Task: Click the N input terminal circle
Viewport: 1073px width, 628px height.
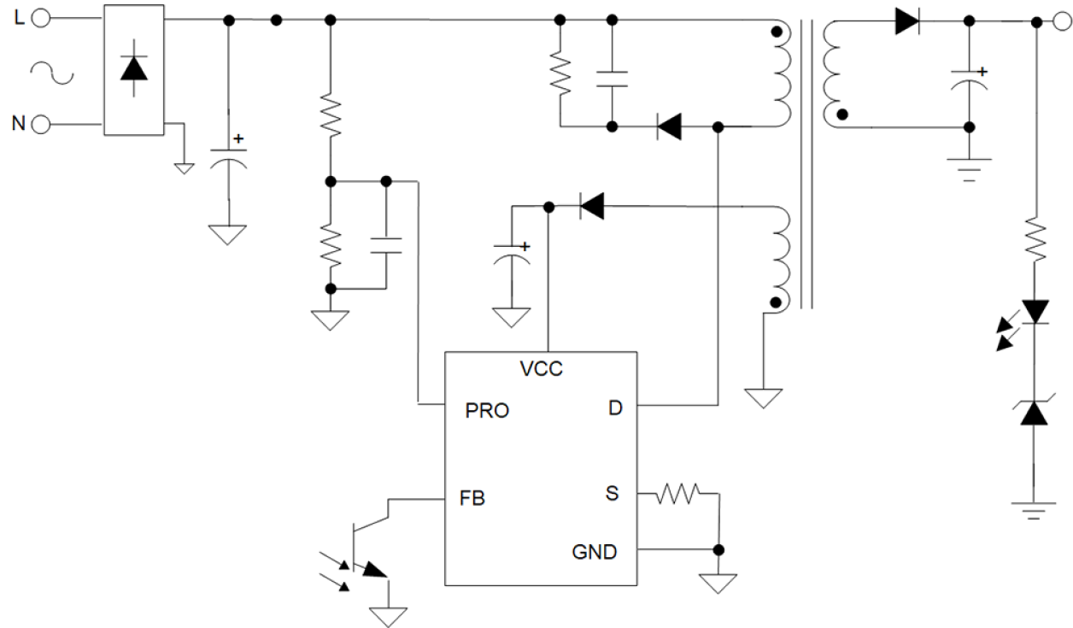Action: click(x=40, y=125)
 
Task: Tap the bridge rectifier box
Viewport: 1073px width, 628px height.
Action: click(x=133, y=69)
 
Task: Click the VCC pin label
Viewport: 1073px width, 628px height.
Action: click(x=541, y=370)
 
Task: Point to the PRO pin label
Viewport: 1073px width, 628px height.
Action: click(x=487, y=411)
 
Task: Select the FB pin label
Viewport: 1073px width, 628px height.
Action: click(x=471, y=498)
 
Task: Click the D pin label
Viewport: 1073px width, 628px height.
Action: click(x=615, y=408)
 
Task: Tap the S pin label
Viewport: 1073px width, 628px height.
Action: click(x=612, y=494)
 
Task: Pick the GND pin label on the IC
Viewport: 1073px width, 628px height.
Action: click(x=594, y=552)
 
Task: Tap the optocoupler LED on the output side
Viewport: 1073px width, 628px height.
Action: click(x=1035, y=313)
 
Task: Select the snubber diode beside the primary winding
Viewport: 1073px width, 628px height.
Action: click(x=669, y=127)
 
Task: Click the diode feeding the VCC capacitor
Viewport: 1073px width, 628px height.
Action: click(x=590, y=205)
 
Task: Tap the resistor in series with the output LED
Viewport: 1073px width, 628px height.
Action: click(x=1035, y=239)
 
